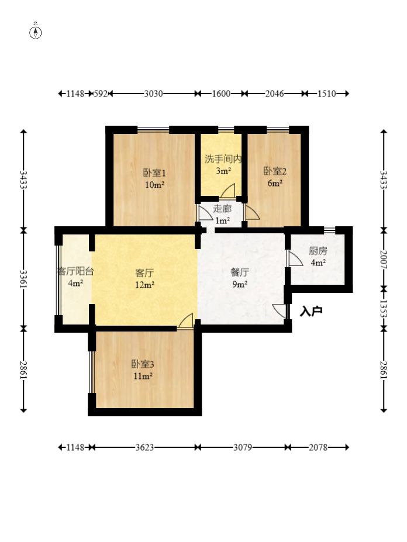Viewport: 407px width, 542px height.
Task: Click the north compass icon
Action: [x=35, y=32]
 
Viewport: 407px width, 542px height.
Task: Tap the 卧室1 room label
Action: [x=154, y=172]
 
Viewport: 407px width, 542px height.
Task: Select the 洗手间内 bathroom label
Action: [x=223, y=159]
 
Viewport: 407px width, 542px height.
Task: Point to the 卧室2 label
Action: [x=275, y=171]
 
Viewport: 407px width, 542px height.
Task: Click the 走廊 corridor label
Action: [x=222, y=208]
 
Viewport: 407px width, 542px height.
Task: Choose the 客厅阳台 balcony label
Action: [x=75, y=271]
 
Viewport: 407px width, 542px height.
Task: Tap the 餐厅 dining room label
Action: [x=240, y=272]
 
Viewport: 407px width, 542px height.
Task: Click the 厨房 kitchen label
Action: [x=318, y=251]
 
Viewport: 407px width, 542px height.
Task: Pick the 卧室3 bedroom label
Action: [x=143, y=364]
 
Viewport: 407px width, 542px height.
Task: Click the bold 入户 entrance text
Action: [x=311, y=311]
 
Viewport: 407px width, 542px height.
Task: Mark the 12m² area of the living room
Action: [x=144, y=285]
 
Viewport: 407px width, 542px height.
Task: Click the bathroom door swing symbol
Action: [x=228, y=191]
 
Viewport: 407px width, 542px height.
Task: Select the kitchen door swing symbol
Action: [x=295, y=258]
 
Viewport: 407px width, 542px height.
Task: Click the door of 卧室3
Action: [x=186, y=321]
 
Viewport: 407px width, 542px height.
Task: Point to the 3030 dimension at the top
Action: [x=153, y=94]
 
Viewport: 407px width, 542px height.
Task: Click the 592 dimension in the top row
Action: [x=101, y=94]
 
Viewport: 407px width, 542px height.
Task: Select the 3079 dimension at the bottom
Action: [x=243, y=447]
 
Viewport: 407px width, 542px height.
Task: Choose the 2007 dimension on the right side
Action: [x=384, y=260]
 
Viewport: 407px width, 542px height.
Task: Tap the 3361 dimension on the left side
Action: [x=23, y=278]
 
